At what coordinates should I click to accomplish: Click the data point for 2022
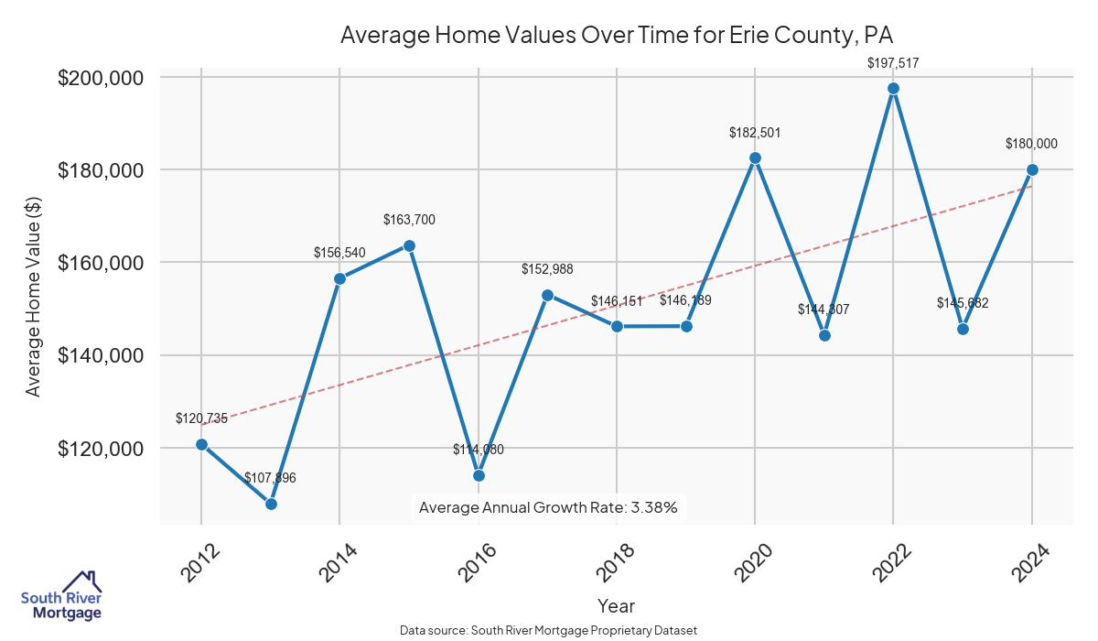click(x=893, y=88)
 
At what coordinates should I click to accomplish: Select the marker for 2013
click(x=271, y=504)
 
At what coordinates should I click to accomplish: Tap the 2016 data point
click(x=479, y=475)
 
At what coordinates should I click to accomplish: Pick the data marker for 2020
click(x=755, y=158)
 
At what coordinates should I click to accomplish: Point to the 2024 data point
click(x=1032, y=169)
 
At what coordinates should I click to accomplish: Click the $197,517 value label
click(x=893, y=63)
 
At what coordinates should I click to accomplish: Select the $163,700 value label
click(x=409, y=220)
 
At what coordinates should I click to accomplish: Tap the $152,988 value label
click(x=547, y=268)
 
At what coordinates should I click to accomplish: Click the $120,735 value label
click(x=201, y=418)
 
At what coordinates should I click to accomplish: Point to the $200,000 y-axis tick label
click(x=101, y=78)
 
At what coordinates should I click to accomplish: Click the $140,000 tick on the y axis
click(x=101, y=355)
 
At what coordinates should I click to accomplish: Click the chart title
click(x=616, y=36)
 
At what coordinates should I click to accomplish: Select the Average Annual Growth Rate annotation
click(x=547, y=507)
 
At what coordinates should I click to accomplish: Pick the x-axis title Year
click(x=616, y=605)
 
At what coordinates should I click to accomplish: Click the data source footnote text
click(x=548, y=630)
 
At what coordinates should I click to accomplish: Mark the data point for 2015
click(x=409, y=245)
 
